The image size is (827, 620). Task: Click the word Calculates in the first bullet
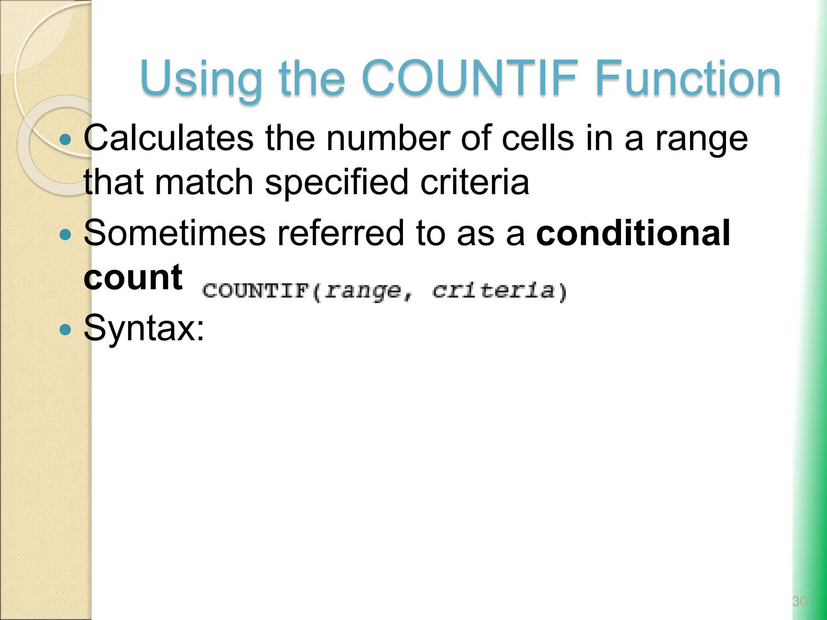[168, 138]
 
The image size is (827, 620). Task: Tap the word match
[204, 182]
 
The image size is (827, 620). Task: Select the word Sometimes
[174, 233]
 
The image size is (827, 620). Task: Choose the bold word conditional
[633, 233]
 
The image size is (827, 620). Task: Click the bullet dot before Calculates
[65, 140]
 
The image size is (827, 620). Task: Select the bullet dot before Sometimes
[65, 234]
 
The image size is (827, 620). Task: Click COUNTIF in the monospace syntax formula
[255, 291]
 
